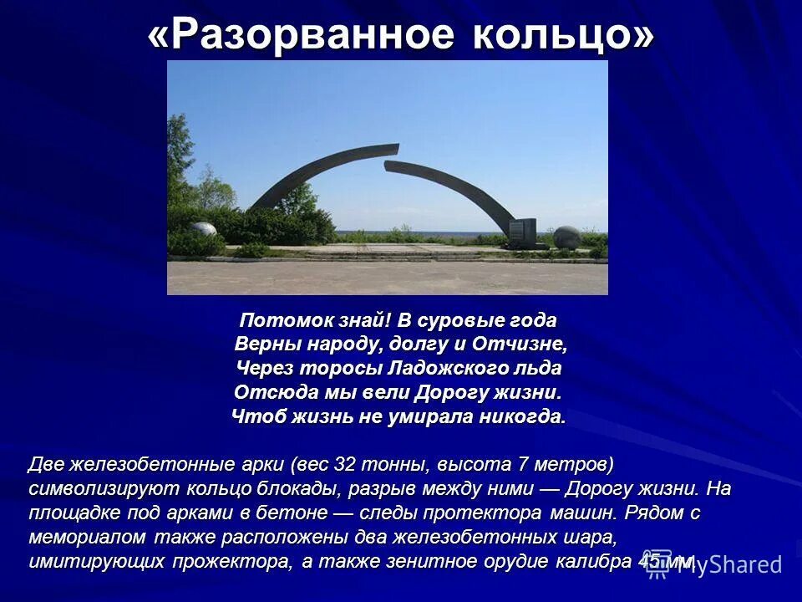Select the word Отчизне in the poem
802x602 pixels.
coord(519,344)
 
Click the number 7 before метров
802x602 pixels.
coord(524,464)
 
